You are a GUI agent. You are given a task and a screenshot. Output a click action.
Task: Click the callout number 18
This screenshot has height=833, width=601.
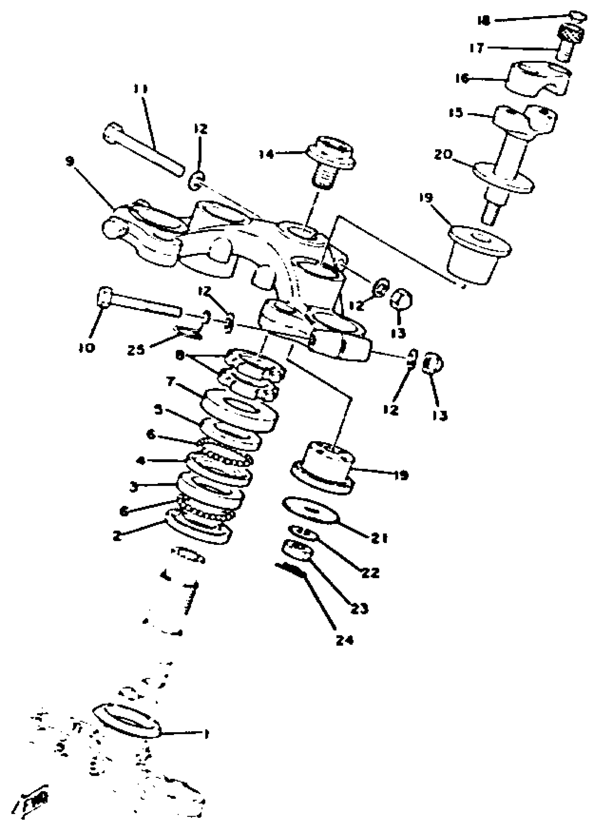[484, 21]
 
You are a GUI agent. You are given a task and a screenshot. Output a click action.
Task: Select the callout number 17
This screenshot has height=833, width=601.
[477, 48]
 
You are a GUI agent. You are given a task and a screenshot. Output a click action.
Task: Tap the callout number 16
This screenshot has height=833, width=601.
[462, 78]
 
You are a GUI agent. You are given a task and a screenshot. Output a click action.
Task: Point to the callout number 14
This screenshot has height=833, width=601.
[266, 154]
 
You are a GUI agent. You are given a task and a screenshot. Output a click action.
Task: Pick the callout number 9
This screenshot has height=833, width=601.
[70, 162]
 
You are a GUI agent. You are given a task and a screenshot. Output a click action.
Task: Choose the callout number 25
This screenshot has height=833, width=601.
[136, 350]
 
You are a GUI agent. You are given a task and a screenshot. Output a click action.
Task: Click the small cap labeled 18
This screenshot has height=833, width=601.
[578, 17]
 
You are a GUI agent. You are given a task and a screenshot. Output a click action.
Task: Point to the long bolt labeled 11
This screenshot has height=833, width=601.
[143, 151]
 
